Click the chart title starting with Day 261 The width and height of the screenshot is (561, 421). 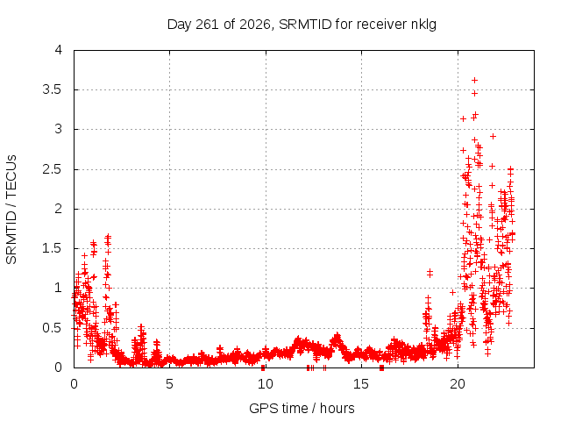[302, 25]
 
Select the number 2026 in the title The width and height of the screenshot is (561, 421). [255, 25]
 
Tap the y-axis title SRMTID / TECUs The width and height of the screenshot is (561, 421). [11, 210]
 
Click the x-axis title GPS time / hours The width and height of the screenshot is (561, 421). [302, 408]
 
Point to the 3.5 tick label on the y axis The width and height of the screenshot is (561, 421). [53, 89]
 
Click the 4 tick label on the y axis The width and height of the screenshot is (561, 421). [59, 50]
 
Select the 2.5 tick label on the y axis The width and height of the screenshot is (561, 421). [53, 169]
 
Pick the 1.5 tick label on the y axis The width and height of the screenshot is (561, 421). [53, 248]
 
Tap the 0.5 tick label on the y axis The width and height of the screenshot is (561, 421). [53, 327]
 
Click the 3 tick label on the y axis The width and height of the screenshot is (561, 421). [59, 129]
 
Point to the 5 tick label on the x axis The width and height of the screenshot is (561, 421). [169, 384]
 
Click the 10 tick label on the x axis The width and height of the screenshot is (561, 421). [266, 384]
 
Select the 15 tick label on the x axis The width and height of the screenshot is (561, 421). [361, 384]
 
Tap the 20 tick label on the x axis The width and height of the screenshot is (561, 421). [458, 384]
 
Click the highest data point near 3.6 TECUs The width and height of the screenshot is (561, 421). [475, 80]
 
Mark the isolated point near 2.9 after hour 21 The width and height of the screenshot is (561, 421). [493, 137]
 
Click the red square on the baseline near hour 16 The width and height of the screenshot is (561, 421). [382, 367]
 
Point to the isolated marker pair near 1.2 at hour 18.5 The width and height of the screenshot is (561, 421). [430, 273]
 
